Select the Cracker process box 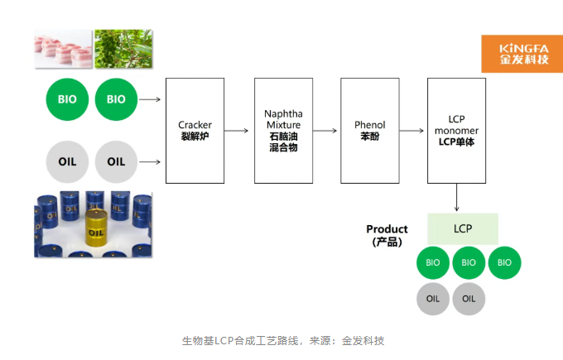click(x=195, y=130)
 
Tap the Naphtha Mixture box click(x=283, y=130)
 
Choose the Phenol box click(x=369, y=130)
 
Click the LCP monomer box click(x=456, y=130)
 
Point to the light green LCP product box click(x=463, y=228)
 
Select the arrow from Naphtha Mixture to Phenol click(x=325, y=130)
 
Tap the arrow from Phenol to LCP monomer click(x=411, y=130)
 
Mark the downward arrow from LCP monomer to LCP click(x=456, y=198)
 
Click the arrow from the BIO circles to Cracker click(x=150, y=99)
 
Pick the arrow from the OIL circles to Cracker click(x=150, y=161)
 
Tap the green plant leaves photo click(x=122, y=49)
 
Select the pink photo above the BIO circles click(x=62, y=50)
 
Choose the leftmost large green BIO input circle click(x=67, y=99)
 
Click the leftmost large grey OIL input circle click(x=67, y=161)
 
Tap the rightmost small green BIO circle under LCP click(x=505, y=263)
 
